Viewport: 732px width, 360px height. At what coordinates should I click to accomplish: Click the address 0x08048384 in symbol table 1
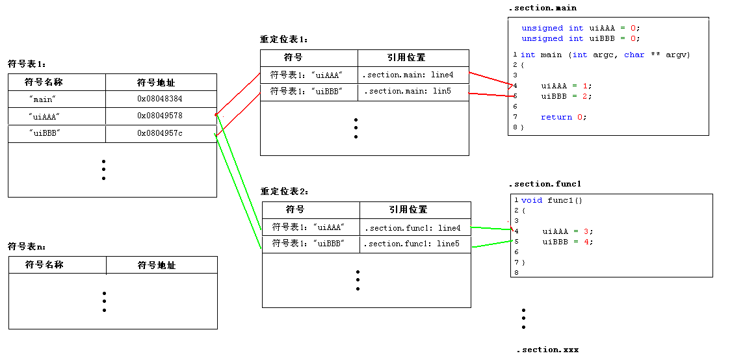coord(159,99)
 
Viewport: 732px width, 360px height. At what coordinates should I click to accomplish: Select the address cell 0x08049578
coord(159,116)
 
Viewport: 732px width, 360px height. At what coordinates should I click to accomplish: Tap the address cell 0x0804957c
coord(159,133)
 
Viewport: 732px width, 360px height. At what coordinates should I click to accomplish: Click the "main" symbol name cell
coord(43,99)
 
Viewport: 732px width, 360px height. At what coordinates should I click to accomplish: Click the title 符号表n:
coord(27,247)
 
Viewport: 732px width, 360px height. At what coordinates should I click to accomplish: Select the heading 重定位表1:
coord(284,40)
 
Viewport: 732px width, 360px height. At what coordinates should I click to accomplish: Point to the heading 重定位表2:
coord(285,192)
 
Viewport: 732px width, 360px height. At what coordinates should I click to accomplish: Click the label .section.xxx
coord(547,350)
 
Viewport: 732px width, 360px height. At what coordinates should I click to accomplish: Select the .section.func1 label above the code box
coord(544,184)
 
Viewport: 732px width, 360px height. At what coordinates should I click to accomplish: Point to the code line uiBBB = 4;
coord(568,242)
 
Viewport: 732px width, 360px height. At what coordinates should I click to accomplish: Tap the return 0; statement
coord(563,117)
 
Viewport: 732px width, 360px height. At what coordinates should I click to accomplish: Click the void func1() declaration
coord(552,200)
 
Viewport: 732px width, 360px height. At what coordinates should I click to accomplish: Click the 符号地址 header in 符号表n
coord(156,265)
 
